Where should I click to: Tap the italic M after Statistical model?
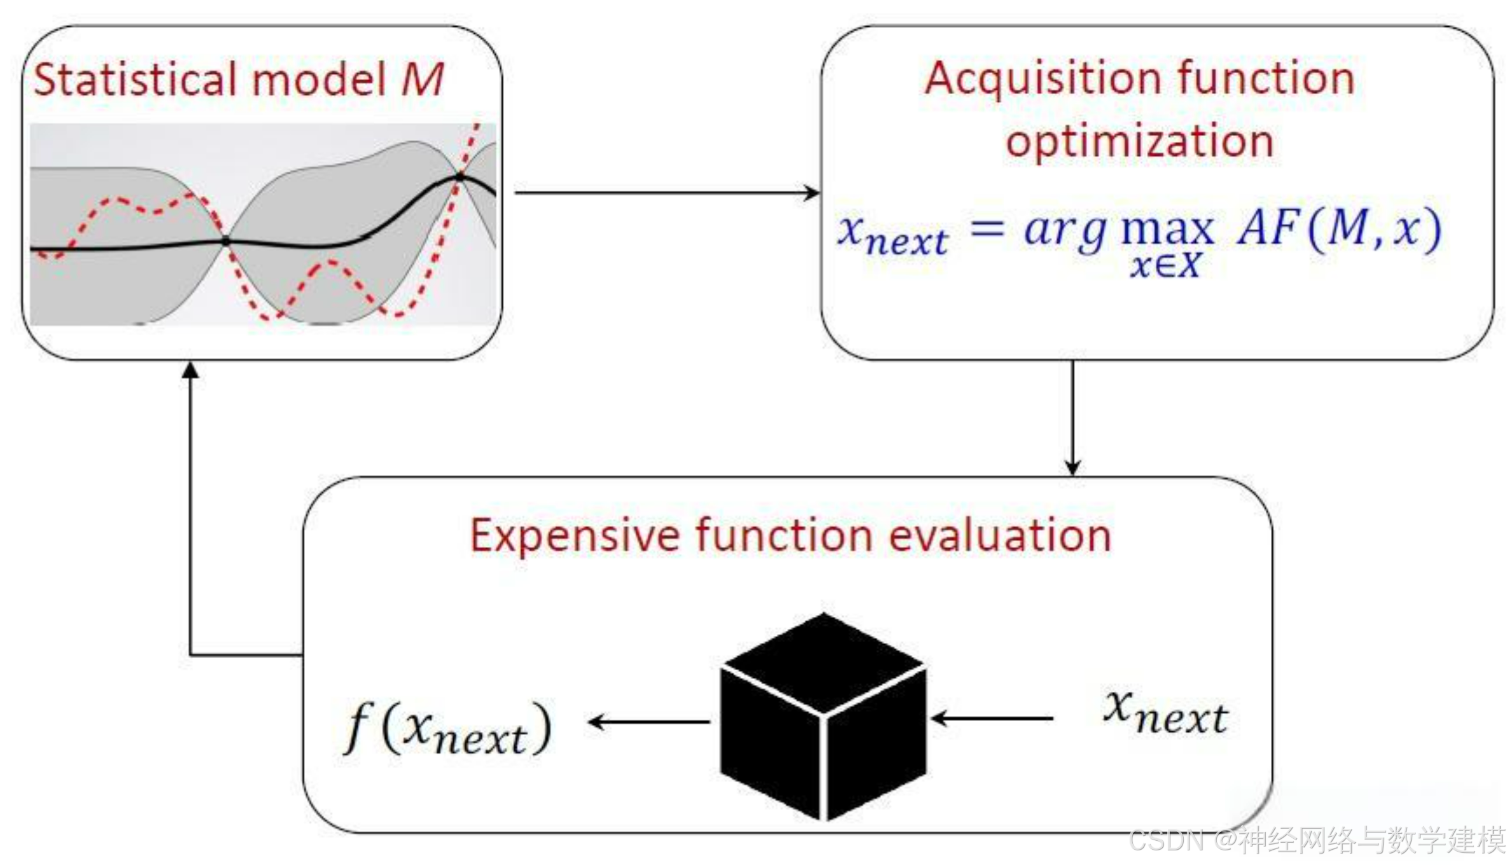(422, 80)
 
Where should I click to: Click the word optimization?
(1139, 141)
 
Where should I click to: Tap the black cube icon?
(823, 716)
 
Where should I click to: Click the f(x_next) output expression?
(448, 729)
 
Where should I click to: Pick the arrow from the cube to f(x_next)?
(649, 722)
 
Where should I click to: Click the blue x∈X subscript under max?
(1165, 265)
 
